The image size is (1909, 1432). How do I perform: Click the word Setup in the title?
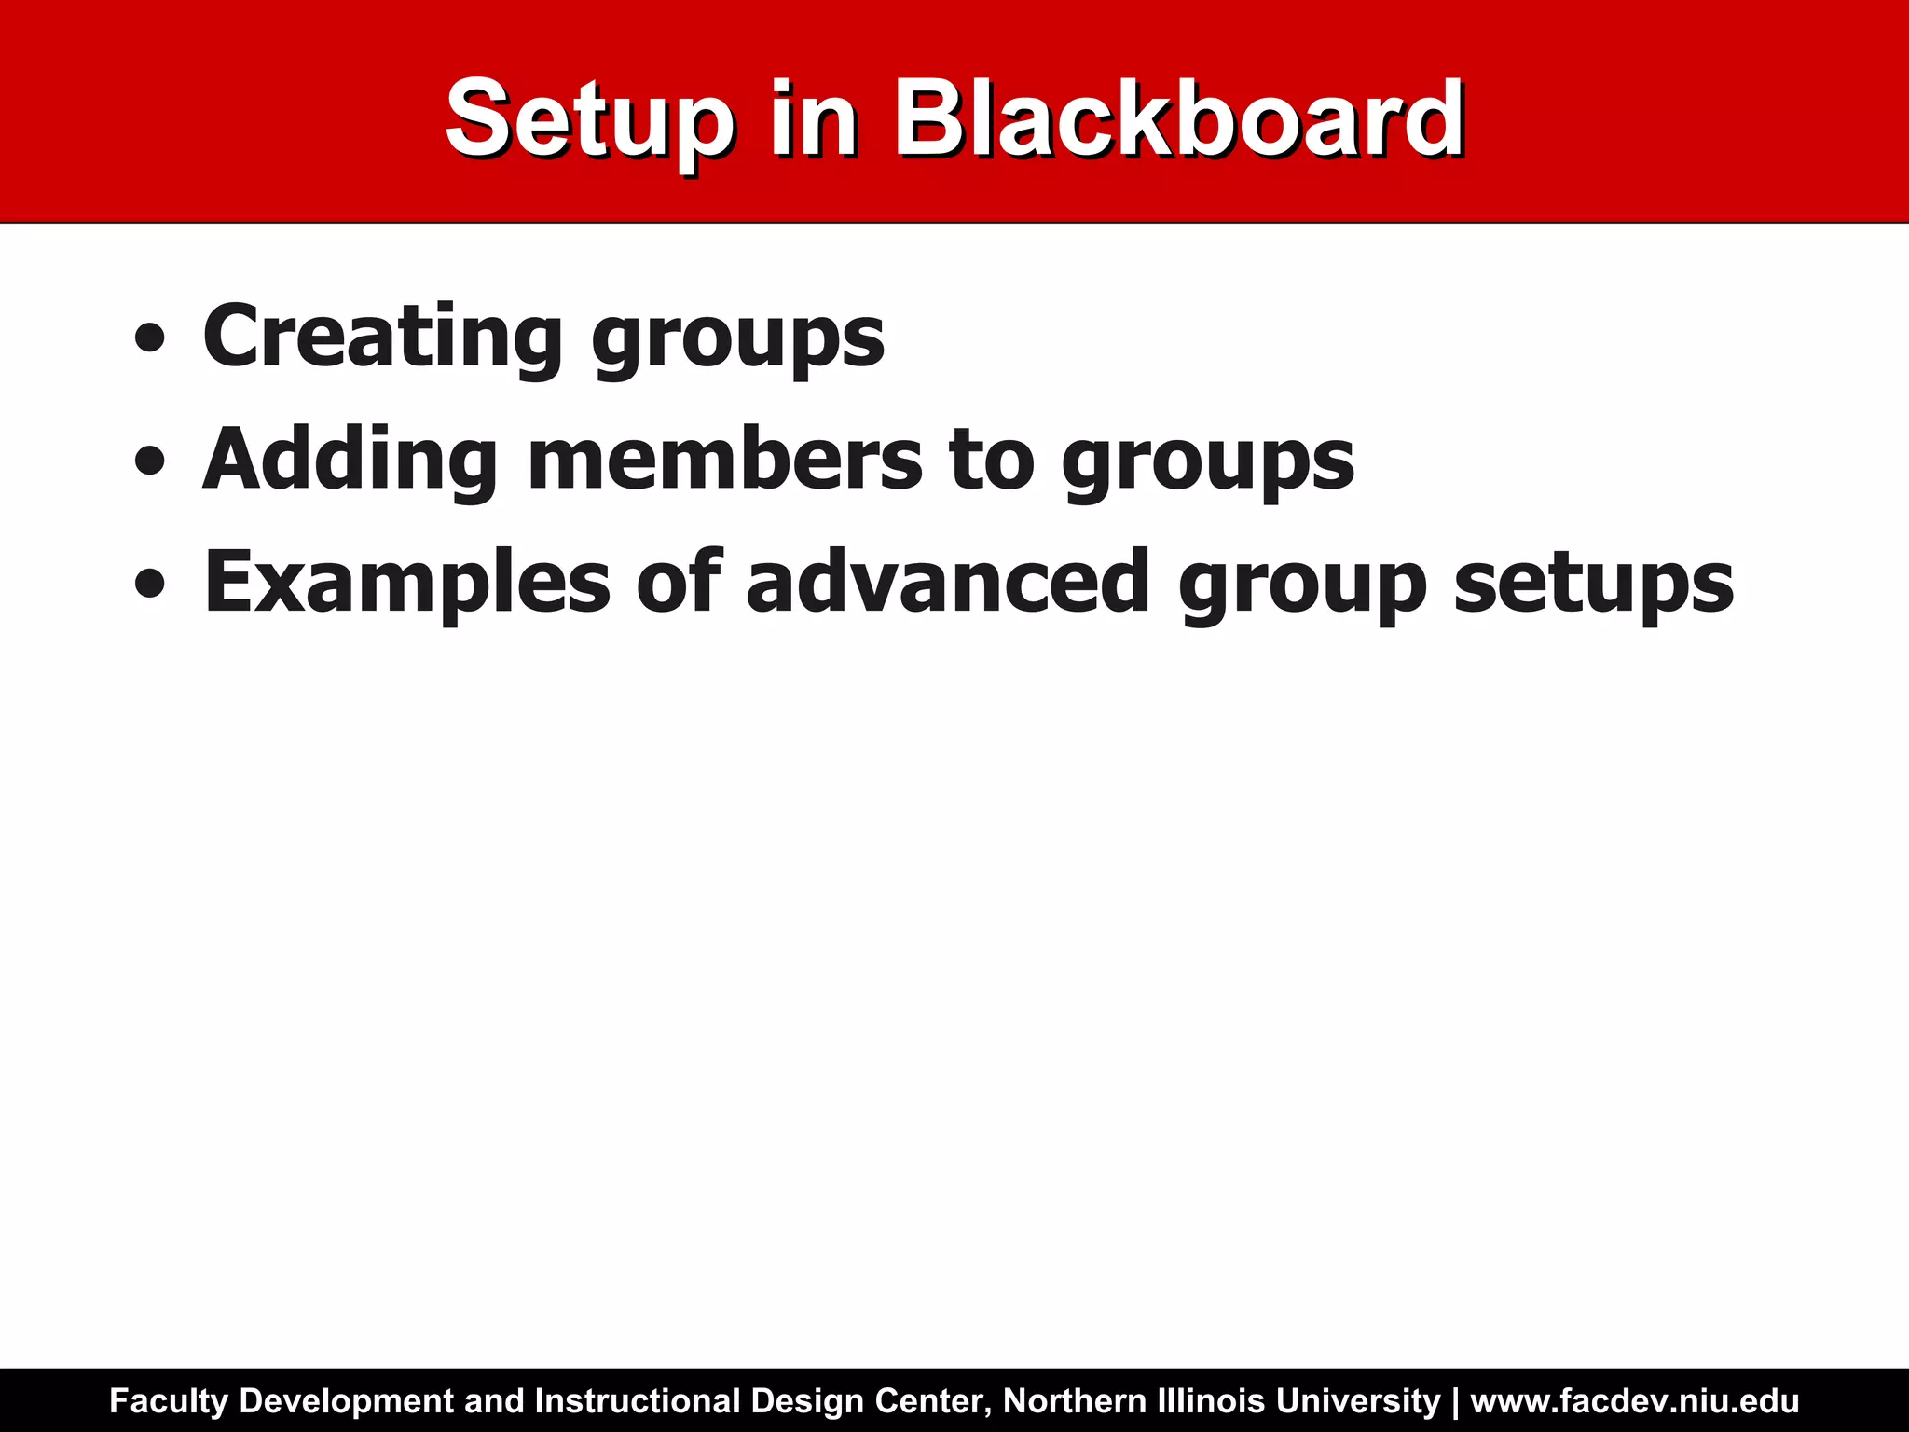click(x=589, y=121)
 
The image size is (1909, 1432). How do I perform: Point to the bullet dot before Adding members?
click(x=150, y=461)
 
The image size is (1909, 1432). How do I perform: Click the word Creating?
click(x=382, y=337)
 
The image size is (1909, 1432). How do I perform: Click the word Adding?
click(x=350, y=461)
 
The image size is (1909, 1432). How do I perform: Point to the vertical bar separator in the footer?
click(x=1456, y=1401)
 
